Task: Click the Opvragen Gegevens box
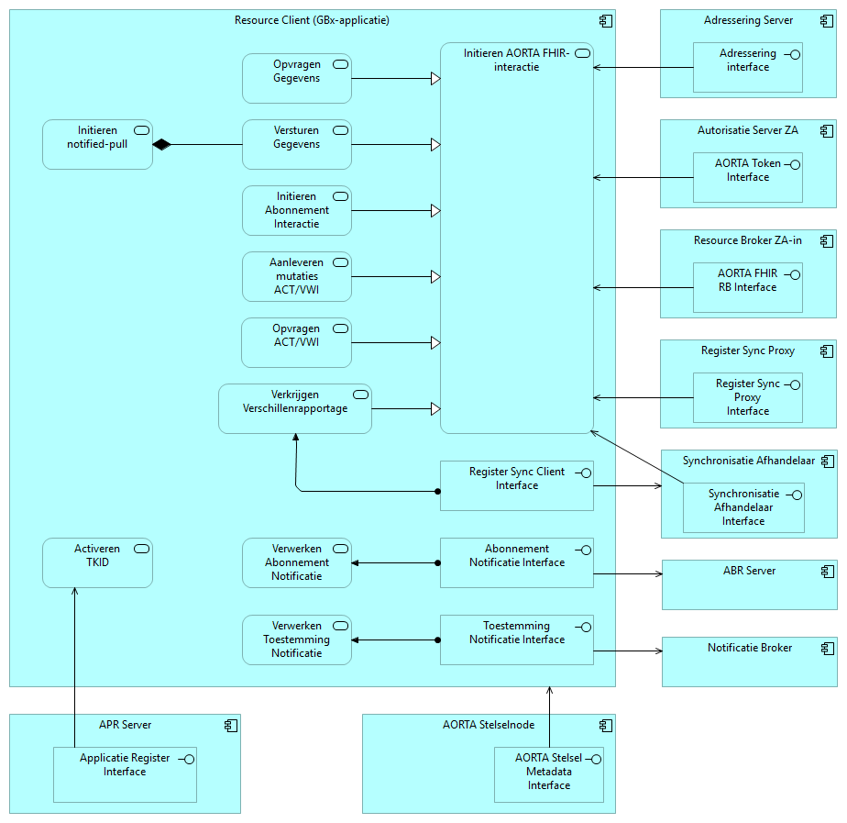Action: click(x=296, y=78)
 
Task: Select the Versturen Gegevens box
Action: click(x=296, y=144)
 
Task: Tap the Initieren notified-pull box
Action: click(x=97, y=144)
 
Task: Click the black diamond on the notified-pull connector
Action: click(x=162, y=144)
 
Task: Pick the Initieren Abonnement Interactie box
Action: click(x=296, y=210)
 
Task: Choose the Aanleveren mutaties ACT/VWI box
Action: click(x=296, y=276)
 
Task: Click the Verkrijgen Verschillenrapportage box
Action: click(x=295, y=408)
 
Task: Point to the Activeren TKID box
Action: click(x=97, y=562)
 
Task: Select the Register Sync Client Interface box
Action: click(x=517, y=485)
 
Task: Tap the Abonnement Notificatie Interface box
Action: click(x=517, y=562)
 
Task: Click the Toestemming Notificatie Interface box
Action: click(x=517, y=639)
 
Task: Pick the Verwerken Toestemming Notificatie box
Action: click(x=296, y=639)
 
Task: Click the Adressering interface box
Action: click(x=747, y=67)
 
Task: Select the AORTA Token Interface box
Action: click(x=747, y=177)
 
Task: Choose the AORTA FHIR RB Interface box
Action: click(x=747, y=287)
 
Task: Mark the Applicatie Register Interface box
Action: click(x=125, y=774)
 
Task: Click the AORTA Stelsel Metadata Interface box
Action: click(x=548, y=774)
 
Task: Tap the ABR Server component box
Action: click(x=749, y=584)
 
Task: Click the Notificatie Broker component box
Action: click(x=749, y=662)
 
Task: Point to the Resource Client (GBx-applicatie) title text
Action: click(x=312, y=20)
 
